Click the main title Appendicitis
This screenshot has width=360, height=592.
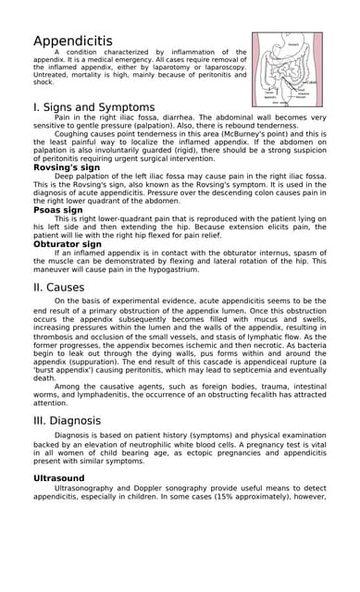point(73,41)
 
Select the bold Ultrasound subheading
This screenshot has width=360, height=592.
point(58,478)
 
